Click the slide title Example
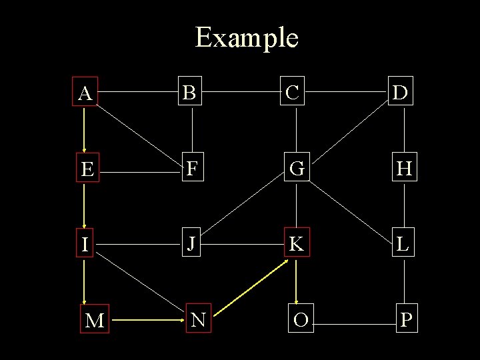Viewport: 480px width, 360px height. [x=247, y=37]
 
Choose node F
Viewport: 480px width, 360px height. [x=192, y=169]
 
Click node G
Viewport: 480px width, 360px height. [x=297, y=169]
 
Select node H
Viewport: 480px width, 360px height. [x=403, y=169]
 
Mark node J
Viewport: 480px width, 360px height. [x=191, y=244]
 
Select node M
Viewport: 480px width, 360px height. [x=95, y=321]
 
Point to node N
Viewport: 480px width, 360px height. [x=198, y=321]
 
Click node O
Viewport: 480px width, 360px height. [x=301, y=320]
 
